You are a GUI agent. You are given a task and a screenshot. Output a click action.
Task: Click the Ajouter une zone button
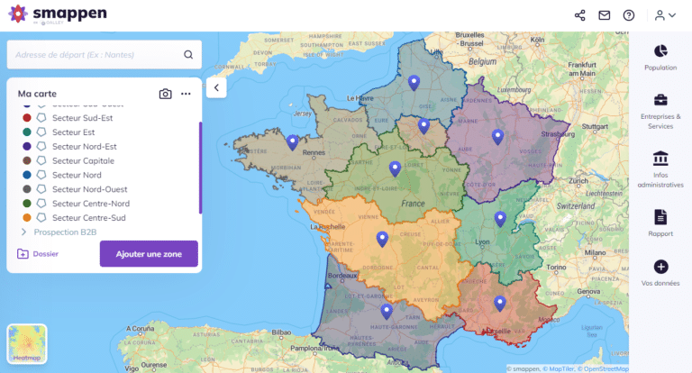tap(149, 254)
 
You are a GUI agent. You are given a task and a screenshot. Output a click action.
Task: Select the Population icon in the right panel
tap(660, 50)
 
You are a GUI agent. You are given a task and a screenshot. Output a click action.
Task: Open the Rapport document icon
tap(660, 216)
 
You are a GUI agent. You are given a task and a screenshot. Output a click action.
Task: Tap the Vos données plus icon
tap(660, 267)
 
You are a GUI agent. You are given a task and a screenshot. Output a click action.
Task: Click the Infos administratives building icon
tap(660, 158)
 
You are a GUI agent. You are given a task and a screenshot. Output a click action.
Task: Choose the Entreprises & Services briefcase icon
tap(660, 100)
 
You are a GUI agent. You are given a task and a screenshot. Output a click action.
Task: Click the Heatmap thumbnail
tap(27, 345)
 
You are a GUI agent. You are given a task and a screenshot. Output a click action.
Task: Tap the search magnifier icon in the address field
tap(188, 54)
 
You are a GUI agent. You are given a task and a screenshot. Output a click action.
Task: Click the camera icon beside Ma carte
tap(166, 94)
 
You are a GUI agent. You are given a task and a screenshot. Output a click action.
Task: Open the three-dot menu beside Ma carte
tap(186, 94)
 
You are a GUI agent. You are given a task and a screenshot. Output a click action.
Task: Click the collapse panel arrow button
tap(216, 87)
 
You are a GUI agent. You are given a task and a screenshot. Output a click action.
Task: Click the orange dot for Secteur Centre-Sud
tap(27, 218)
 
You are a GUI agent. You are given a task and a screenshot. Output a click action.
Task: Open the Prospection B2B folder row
tap(65, 232)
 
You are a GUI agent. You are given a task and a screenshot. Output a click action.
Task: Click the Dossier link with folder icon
tap(38, 254)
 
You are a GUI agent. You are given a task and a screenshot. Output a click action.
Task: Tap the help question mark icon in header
tap(629, 15)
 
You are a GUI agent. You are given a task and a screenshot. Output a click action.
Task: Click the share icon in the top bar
tap(579, 15)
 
